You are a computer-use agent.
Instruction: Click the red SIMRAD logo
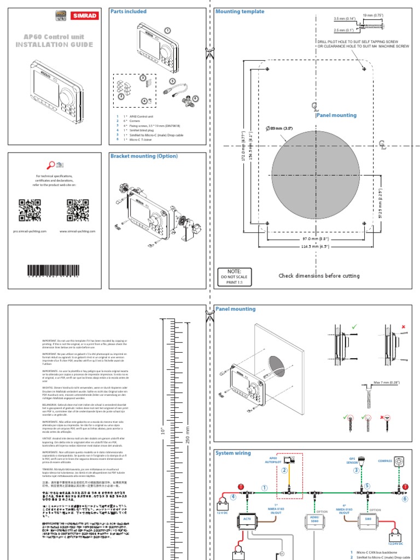point(81,16)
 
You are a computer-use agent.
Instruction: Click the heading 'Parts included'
point(129,11)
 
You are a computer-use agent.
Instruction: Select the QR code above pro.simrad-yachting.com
point(30,210)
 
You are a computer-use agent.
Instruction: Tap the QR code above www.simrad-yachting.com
point(78,210)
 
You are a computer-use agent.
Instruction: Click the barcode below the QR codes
point(54,272)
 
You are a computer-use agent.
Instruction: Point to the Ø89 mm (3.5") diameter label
point(279,129)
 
